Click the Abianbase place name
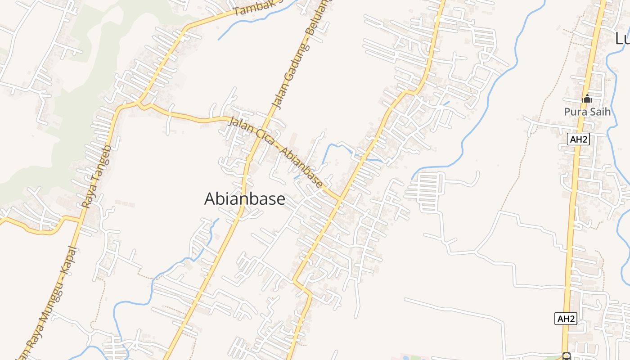click(x=245, y=198)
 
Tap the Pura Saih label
click(x=587, y=111)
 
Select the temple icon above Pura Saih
click(x=587, y=98)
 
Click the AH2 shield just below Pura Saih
click(x=578, y=139)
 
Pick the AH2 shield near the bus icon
click(x=566, y=319)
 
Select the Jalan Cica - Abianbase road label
click(x=275, y=152)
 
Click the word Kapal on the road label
click(x=69, y=261)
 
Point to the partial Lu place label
click(x=623, y=39)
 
